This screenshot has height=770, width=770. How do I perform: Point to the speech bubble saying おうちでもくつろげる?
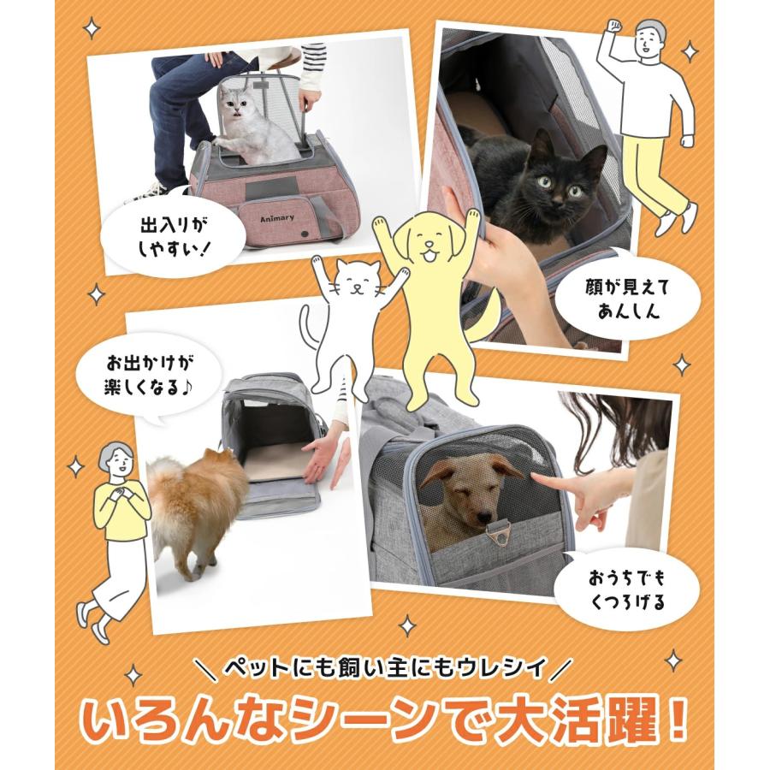pos(626,588)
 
